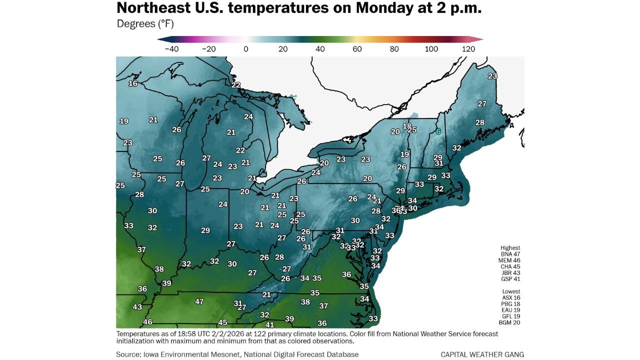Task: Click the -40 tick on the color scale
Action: pos(171,49)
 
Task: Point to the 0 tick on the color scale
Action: pos(245,49)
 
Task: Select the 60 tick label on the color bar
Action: pos(357,49)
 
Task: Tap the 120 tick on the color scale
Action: pos(468,49)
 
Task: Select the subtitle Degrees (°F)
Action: pos(145,23)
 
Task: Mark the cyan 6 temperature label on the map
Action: pos(438,131)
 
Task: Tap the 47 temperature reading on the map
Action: pos(199,301)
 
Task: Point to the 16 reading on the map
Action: pos(133,83)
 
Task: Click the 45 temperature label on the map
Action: pos(222,322)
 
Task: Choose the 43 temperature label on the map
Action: pos(137,307)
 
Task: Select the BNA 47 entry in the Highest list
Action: pos(510,254)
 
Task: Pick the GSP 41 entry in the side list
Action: pos(510,279)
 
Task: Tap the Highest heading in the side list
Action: pos(510,247)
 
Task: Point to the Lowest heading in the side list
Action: pos(511,291)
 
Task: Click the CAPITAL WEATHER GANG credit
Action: pos(482,354)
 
